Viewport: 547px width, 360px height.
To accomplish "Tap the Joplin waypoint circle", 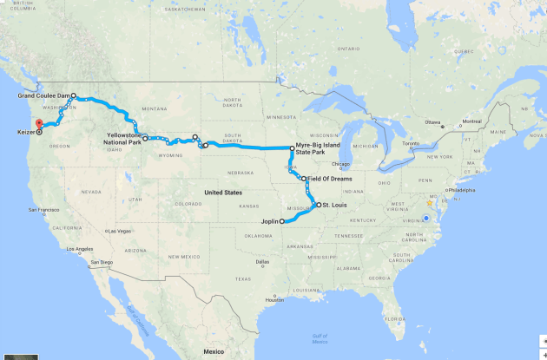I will coord(282,222).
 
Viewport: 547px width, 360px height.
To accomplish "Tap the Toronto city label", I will coord(411,143).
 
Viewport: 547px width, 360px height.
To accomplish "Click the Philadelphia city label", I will coord(461,188).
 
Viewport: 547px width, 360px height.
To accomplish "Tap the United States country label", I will coord(223,191).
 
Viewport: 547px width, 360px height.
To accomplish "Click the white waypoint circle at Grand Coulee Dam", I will coord(74,95).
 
